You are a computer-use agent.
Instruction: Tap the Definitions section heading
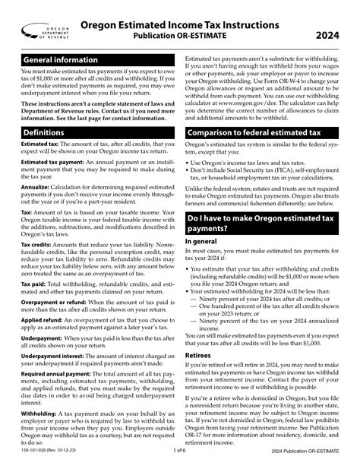[44, 132]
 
